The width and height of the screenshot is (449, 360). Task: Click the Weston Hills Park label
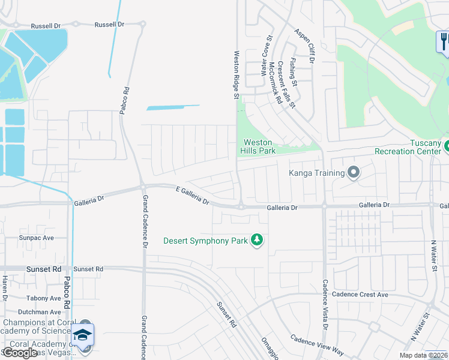259,146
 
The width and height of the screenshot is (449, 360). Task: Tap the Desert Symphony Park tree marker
257,240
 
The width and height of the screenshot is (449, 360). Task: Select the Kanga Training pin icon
354,173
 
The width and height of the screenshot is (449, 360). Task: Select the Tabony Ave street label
43,298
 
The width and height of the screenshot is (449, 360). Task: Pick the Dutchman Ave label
40,312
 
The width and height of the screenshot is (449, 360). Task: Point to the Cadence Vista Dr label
324,304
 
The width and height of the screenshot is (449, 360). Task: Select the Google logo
20,352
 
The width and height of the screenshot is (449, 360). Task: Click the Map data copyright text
424,355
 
